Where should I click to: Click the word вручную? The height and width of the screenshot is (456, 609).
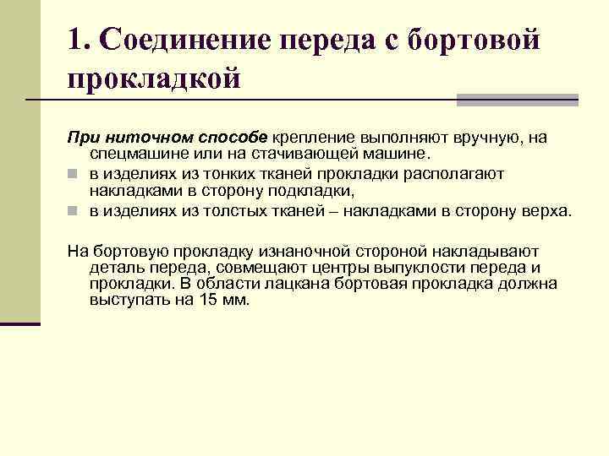point(496,137)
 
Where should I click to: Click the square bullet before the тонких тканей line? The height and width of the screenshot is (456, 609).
point(74,174)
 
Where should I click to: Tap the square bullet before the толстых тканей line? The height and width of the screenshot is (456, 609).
point(74,211)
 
